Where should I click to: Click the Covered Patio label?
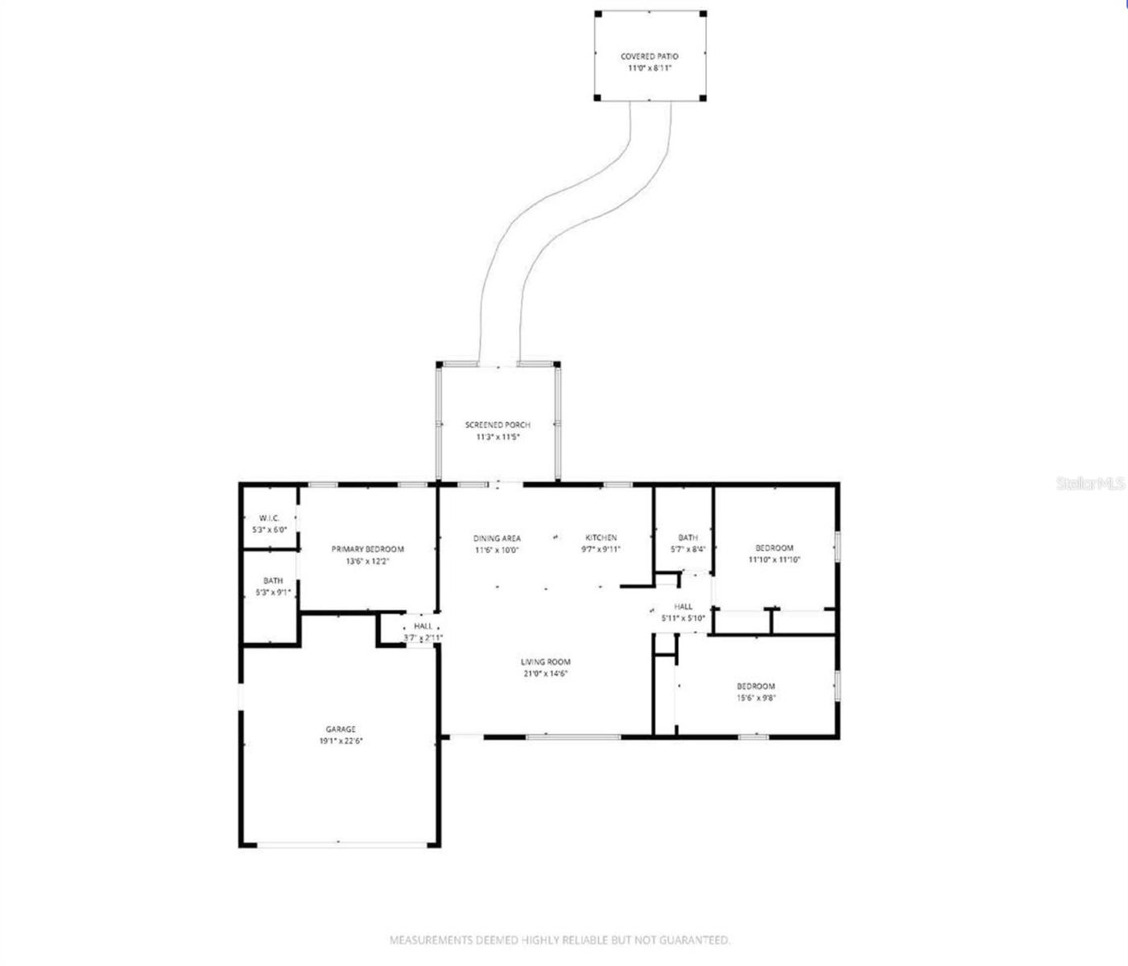coord(649,56)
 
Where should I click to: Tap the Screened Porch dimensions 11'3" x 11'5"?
coord(498,437)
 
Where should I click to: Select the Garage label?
coord(341,729)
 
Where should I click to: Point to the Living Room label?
coord(545,662)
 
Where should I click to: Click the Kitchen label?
coord(601,538)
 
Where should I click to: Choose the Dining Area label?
coord(497,538)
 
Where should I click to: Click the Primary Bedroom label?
coord(368,549)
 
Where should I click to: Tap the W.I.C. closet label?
coord(269,518)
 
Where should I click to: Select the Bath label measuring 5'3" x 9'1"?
coord(273,580)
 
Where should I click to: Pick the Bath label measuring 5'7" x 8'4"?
coord(688,537)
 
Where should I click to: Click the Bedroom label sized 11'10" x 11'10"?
coord(775,548)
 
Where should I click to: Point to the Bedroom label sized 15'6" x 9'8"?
coord(756,687)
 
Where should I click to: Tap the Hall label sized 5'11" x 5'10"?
coord(683,606)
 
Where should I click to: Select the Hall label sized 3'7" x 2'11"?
coord(424,625)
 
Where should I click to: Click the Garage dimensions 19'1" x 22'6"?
coord(341,741)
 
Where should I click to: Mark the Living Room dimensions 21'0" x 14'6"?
coord(545,674)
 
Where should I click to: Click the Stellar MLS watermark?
coord(1090,483)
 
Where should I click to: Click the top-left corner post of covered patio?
coord(598,14)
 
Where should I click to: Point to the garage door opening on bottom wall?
coord(342,844)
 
